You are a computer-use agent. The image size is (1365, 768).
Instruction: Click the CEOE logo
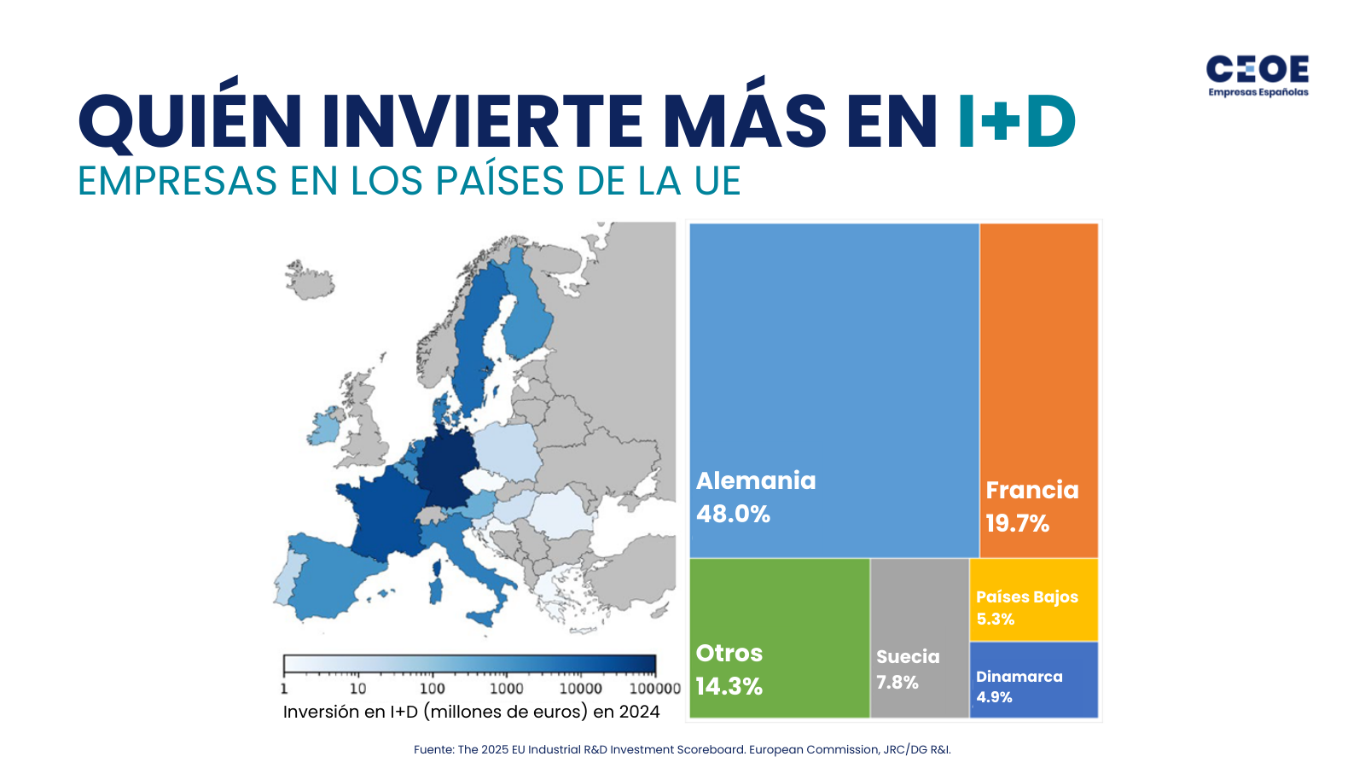pos(1258,75)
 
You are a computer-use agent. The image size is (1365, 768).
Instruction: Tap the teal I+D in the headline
pos(1015,121)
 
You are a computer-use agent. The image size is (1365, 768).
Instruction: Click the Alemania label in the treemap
pos(756,480)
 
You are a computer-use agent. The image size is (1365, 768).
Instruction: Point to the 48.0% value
pos(733,514)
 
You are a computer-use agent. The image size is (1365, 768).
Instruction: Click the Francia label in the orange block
pos(1032,490)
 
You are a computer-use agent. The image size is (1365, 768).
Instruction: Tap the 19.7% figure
pos(1017,523)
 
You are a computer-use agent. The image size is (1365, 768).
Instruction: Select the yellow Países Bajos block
pos(1034,600)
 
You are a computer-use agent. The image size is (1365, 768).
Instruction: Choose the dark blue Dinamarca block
pos(1034,680)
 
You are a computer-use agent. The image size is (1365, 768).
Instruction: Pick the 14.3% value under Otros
pos(729,686)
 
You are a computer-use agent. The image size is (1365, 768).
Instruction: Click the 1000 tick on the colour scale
pos(506,689)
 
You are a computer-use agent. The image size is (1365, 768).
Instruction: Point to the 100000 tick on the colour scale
pos(654,689)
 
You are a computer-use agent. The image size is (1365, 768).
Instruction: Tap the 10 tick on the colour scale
pos(357,689)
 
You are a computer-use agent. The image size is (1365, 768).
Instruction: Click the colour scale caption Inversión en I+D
pos(471,712)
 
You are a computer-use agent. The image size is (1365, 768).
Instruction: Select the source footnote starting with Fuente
pos(682,749)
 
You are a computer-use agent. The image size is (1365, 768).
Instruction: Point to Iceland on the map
pos(308,280)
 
